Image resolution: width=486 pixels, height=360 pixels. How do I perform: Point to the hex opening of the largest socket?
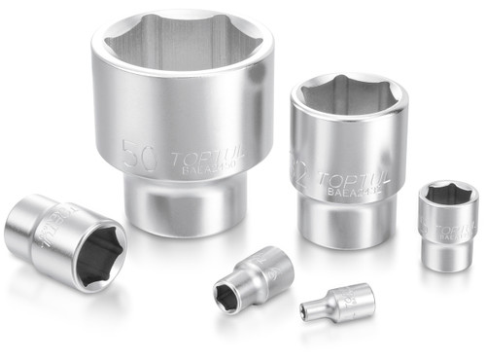coord(182,52)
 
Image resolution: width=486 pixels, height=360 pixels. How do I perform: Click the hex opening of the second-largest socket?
coord(349,98)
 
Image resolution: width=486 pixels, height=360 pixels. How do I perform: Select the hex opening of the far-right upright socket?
coord(449,195)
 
